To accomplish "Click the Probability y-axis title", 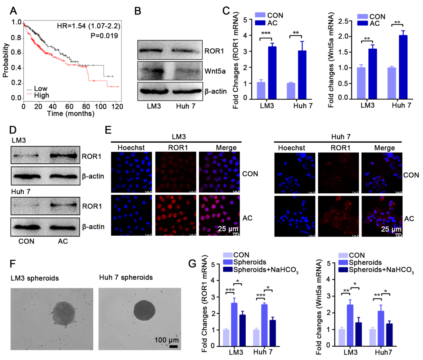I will (6, 61).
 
